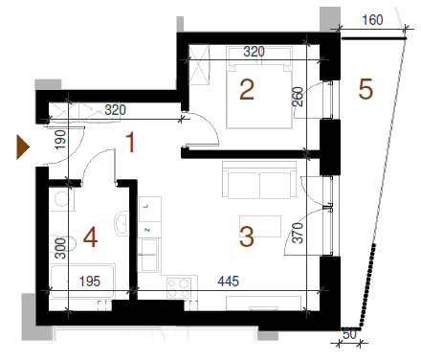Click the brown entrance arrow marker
(x=23, y=147)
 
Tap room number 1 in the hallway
(x=130, y=143)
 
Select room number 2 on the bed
(x=247, y=90)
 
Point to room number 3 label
(x=247, y=236)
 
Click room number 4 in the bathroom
(x=90, y=237)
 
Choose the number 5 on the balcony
(x=366, y=90)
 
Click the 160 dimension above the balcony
(x=372, y=20)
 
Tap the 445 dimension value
(x=229, y=281)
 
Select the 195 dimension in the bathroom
(x=90, y=281)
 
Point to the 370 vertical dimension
(x=298, y=233)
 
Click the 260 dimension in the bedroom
(x=297, y=97)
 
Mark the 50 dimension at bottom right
(x=349, y=334)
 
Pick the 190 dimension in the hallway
(x=60, y=140)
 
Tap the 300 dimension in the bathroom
(x=60, y=249)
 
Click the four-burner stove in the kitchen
(x=179, y=288)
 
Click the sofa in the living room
(x=259, y=180)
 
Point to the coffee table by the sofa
(x=260, y=226)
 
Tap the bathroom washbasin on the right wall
(x=122, y=223)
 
